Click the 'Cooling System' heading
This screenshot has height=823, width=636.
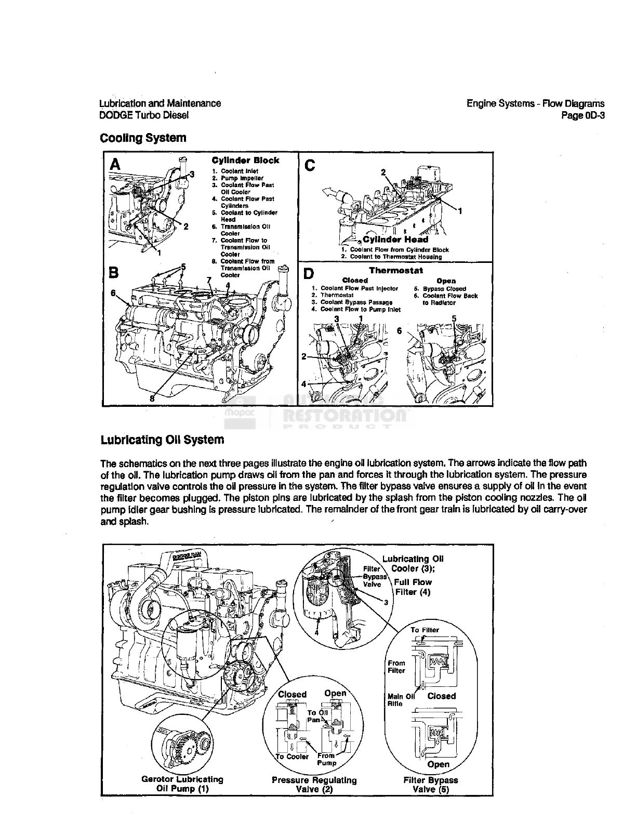(143, 138)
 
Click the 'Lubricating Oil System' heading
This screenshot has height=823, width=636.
(162, 440)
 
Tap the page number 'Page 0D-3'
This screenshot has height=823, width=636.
(583, 115)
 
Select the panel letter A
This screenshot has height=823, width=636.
(116, 165)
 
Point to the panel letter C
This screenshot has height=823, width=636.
(310, 166)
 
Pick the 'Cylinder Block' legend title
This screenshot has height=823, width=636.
(245, 161)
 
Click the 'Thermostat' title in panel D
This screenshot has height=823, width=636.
(396, 270)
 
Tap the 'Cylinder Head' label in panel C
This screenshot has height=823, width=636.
(395, 240)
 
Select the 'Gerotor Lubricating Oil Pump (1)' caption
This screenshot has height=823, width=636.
(182, 784)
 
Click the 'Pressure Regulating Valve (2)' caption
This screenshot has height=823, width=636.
(314, 785)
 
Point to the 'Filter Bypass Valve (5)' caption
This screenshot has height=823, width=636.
(431, 785)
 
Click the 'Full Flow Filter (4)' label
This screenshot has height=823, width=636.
(413, 587)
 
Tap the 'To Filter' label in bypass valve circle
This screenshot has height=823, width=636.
(425, 630)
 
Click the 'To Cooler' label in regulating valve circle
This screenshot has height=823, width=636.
(292, 756)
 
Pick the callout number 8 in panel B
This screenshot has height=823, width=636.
(152, 398)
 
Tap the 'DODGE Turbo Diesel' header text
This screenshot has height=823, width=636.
(144, 115)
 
